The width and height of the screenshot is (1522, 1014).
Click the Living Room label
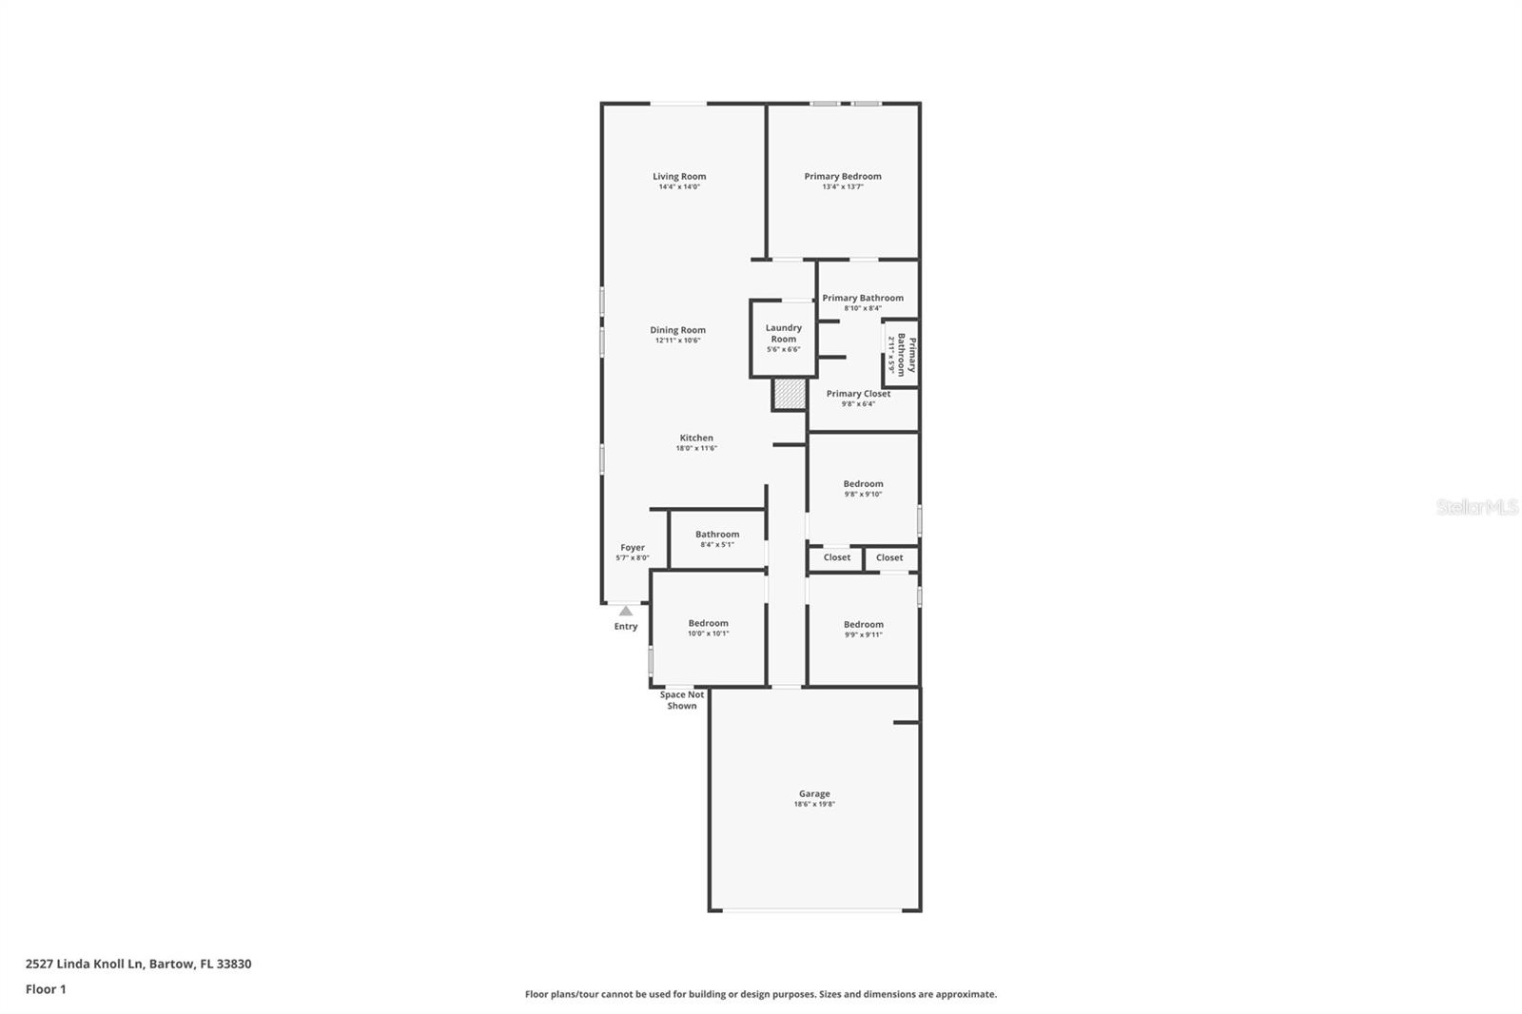click(x=679, y=176)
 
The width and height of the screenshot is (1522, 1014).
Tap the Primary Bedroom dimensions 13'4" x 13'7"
click(x=843, y=187)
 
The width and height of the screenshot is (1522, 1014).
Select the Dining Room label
click(x=678, y=330)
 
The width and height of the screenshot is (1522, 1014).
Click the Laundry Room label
click(x=784, y=333)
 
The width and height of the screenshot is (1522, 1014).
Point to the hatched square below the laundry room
click(x=789, y=394)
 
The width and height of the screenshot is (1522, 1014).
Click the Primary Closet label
click(x=858, y=394)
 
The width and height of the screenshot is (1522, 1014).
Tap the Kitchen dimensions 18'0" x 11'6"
click(x=696, y=448)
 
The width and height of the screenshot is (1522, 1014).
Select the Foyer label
click(x=633, y=548)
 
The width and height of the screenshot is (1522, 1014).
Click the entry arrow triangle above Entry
click(x=626, y=611)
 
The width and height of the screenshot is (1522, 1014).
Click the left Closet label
click(x=837, y=557)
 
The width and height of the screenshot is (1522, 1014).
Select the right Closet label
click(x=889, y=557)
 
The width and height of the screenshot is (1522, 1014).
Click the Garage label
click(x=814, y=793)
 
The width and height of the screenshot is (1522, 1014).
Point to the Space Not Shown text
click(x=682, y=700)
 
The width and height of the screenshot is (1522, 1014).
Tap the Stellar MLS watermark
click(x=1476, y=507)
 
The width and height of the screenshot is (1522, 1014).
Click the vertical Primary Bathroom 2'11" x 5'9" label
click(x=902, y=354)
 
